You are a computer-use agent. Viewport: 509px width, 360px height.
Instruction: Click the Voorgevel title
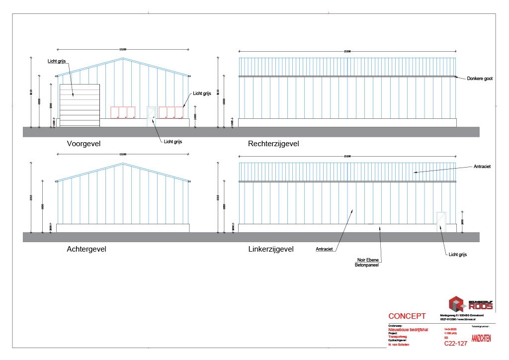(84, 144)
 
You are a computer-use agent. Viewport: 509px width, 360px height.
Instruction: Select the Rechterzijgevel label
(273, 144)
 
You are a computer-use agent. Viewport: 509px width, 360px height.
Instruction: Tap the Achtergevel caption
(86, 249)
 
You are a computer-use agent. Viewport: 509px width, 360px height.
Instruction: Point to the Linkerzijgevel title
(271, 249)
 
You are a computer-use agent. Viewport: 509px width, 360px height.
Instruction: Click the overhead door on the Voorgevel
(80, 105)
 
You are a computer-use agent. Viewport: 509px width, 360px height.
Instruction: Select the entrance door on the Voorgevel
(152, 116)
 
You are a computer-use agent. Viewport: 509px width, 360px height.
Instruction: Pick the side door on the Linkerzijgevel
(441, 221)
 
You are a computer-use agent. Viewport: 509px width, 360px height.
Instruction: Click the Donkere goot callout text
(480, 79)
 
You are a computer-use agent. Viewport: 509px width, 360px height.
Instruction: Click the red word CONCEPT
(407, 316)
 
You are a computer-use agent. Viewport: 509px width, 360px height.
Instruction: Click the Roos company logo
(471, 303)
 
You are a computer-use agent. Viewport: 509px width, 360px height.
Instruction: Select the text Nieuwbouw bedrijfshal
(406, 329)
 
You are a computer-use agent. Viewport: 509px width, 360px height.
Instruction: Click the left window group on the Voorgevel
(123, 113)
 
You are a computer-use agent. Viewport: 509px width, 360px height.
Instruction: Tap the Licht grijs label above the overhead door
(57, 61)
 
